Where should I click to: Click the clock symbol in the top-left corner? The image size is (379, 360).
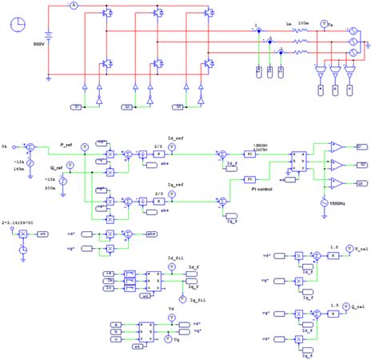click(x=20, y=25)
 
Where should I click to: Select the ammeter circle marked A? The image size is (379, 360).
click(x=70, y=6)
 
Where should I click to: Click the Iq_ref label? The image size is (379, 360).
click(x=175, y=183)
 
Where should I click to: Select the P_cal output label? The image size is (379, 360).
click(x=358, y=250)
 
